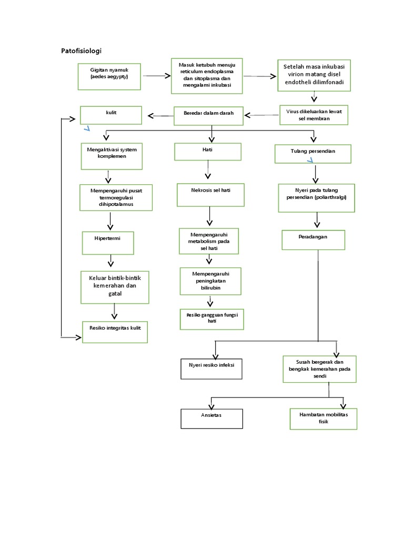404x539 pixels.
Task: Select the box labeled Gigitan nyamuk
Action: (x=109, y=77)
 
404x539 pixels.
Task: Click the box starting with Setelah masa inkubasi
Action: (x=315, y=75)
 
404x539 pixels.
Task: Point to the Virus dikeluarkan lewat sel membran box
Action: (x=314, y=115)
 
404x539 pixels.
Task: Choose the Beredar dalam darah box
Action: (x=209, y=115)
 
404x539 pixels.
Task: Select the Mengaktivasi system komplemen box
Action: (x=111, y=156)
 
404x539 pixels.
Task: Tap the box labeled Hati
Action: (x=208, y=152)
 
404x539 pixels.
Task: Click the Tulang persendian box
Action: (x=312, y=153)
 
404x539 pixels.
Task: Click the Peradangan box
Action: (x=314, y=239)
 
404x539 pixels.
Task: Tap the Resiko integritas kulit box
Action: (x=115, y=332)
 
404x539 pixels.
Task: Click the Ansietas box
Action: (x=211, y=418)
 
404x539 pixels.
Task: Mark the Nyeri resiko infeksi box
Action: (x=211, y=366)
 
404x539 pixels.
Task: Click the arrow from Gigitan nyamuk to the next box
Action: (x=157, y=76)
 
